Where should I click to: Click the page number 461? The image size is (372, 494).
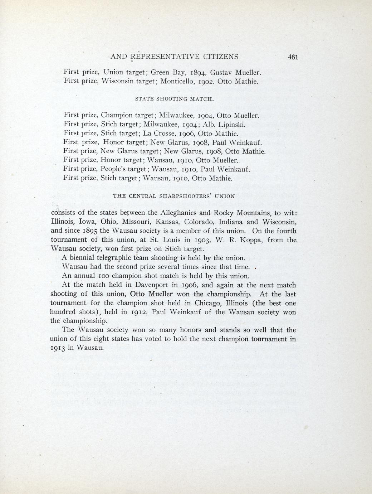coord(292,57)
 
